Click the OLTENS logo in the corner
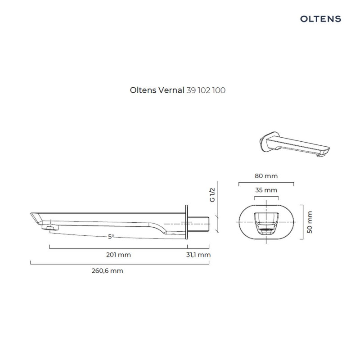coord(320,19)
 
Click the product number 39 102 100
coord(206,90)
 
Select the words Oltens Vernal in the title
coord(157,90)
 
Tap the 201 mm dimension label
coord(119,255)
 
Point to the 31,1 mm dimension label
coord(198,255)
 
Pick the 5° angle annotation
coord(111,236)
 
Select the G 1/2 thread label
coord(213,195)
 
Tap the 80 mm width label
coord(266,175)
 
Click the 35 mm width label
coord(266,190)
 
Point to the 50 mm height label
coord(309,222)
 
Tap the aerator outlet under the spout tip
coord(49,228)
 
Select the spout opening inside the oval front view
coord(266,223)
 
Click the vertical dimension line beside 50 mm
coord(301,222)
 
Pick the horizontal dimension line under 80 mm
coord(266,183)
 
